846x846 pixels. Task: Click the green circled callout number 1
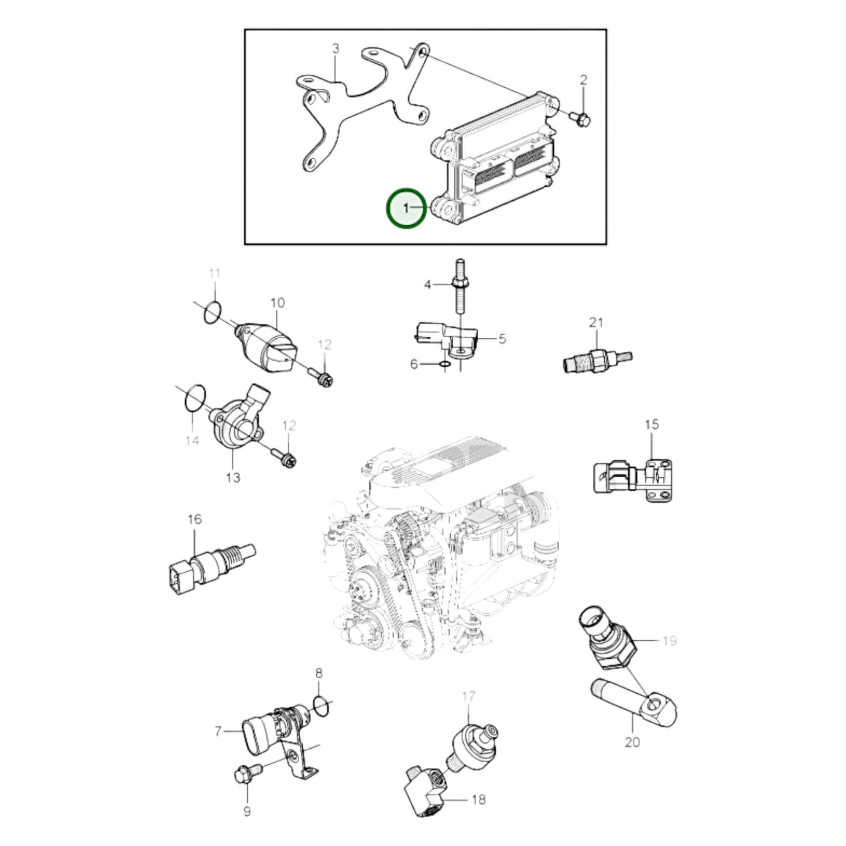[x=406, y=208]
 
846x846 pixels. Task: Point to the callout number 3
[x=335, y=48]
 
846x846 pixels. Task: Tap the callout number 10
[x=278, y=303]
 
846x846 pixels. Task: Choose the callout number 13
[x=233, y=478]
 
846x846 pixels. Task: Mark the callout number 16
[x=194, y=519]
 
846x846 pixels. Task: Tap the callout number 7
[x=218, y=731]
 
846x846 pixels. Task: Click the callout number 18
[x=478, y=800]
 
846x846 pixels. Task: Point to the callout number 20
[x=632, y=742]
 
